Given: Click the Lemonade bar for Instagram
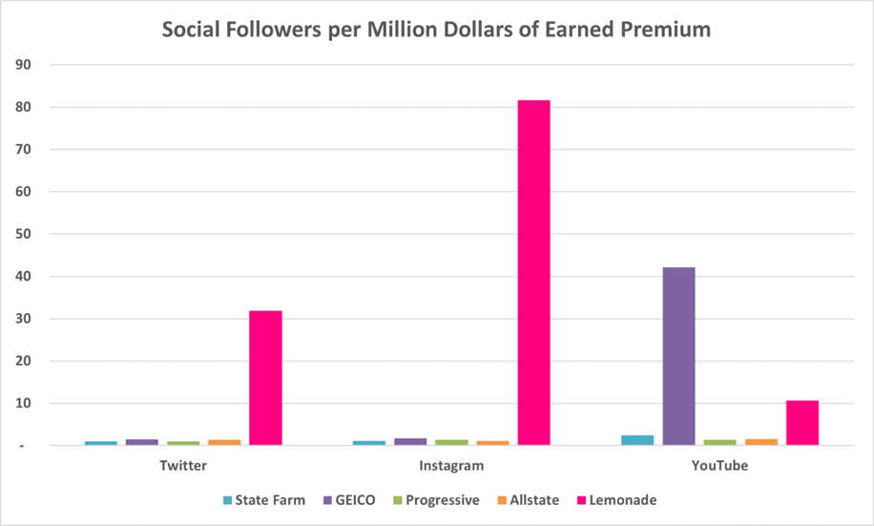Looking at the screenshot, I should pos(533,272).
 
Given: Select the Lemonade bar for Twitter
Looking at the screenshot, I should pos(265,377).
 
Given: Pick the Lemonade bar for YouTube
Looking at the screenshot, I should pos(802,423).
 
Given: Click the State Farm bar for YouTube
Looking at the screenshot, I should pos(637,440).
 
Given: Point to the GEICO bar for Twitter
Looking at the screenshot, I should pos(141,442).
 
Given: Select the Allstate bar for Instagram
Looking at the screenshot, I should pos(492,443).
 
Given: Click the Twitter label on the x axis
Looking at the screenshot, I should pos(182,467).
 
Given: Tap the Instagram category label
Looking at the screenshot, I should pos(451,467).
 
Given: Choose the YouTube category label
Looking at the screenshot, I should pos(720,467).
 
